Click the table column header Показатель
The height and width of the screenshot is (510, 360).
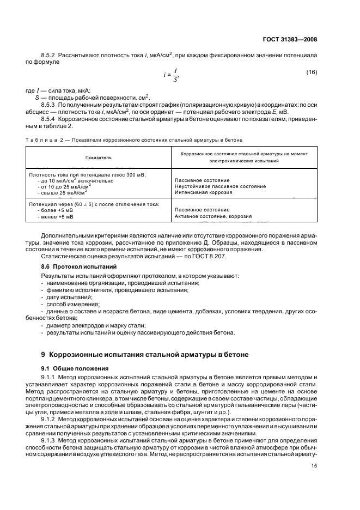[97, 157]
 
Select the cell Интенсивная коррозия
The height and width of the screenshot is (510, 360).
[203, 192]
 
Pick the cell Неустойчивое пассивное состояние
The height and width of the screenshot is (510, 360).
[220, 186]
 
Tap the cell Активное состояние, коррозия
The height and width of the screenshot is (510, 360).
[213, 216]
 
